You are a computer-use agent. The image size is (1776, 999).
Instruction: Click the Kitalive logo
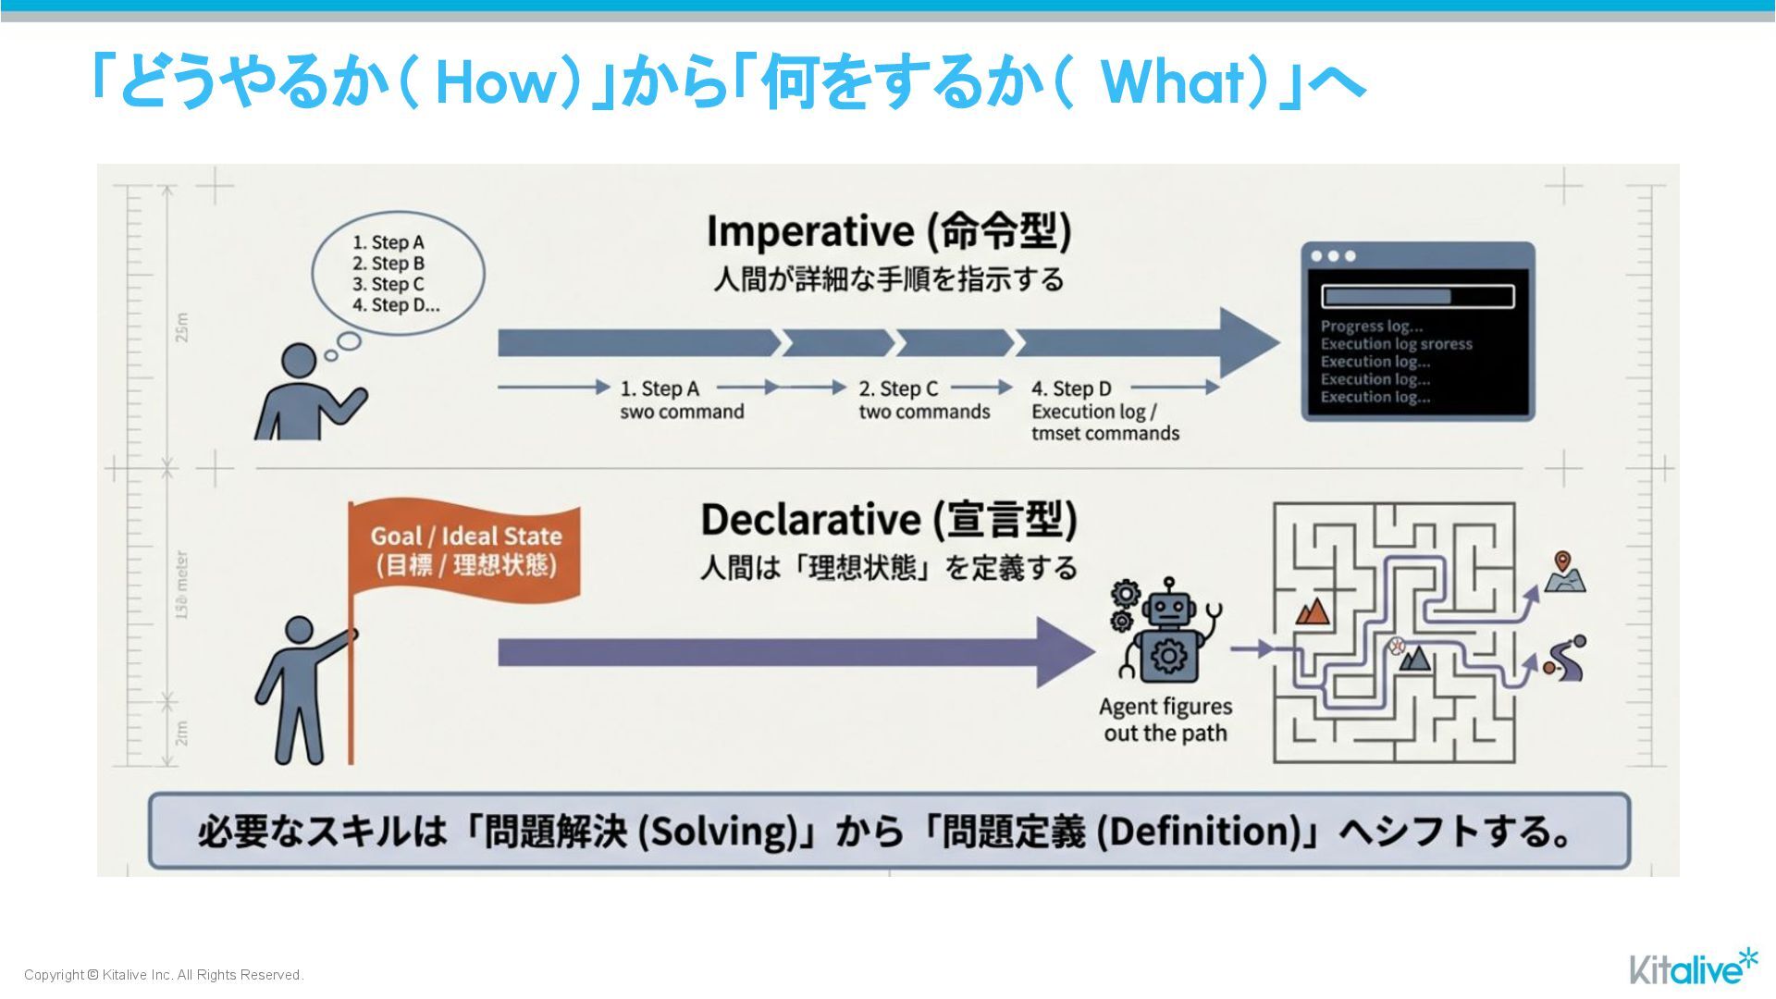1692,967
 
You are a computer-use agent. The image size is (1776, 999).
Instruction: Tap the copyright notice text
164,975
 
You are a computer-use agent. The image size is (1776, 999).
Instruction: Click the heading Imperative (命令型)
888,230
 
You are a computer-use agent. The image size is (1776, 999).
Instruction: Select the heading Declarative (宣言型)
888,519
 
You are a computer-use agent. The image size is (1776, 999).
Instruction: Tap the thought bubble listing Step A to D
398,273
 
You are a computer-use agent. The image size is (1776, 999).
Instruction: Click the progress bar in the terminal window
1417,296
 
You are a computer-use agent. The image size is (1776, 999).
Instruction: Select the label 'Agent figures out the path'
1165,720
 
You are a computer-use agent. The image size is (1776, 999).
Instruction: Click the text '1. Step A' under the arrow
660,388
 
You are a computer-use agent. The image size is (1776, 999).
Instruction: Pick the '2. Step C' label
898,388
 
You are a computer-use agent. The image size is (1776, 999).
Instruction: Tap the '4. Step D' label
1071,388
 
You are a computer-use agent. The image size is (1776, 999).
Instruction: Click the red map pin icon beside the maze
1563,561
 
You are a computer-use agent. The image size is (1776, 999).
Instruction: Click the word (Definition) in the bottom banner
1202,831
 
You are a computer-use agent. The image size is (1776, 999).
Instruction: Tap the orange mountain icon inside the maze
1313,610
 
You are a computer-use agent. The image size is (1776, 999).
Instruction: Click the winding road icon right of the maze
1565,659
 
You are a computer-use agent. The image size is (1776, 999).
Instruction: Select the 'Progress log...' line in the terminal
1371,326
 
